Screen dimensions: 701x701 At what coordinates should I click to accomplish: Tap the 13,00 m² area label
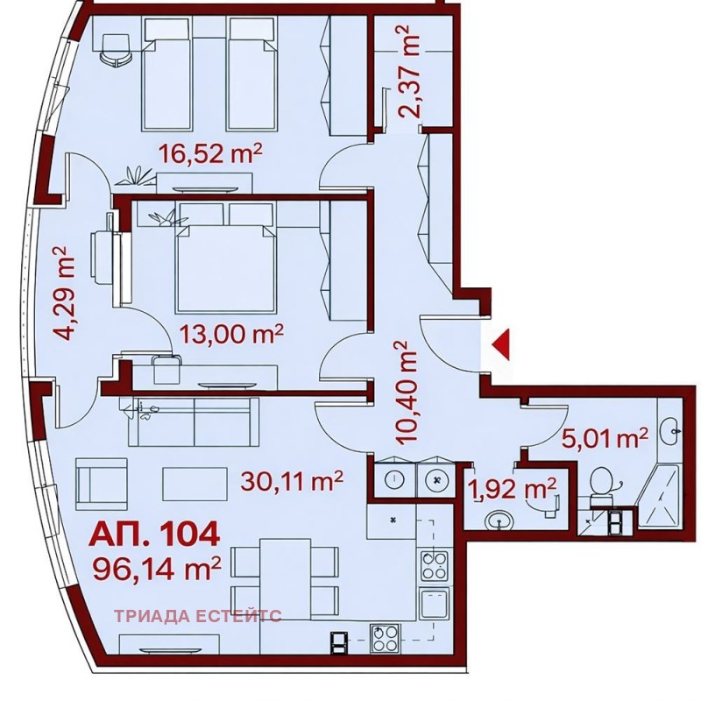(231, 333)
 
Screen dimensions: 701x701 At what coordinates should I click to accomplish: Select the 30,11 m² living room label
(291, 479)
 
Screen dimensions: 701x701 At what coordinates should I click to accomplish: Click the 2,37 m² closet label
(407, 71)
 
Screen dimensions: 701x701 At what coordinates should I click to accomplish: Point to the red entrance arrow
(501, 345)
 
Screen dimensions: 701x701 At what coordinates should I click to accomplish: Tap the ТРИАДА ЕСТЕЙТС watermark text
(198, 615)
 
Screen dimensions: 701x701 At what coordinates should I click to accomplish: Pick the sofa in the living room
(193, 421)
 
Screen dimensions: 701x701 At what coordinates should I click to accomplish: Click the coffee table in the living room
(193, 484)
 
